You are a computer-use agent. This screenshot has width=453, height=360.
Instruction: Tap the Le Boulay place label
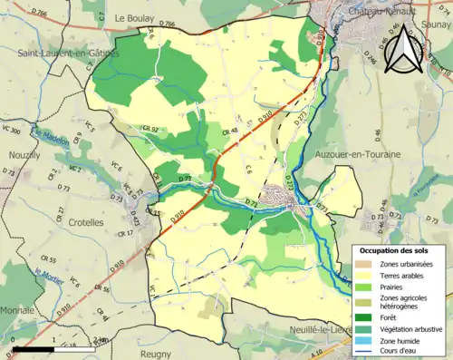(x=133, y=17)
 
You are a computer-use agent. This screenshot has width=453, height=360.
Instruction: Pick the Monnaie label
(x=18, y=310)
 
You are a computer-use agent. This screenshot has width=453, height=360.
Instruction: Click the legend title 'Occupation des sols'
(x=396, y=249)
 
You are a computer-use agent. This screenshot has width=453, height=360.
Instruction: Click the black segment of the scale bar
(x=36, y=348)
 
